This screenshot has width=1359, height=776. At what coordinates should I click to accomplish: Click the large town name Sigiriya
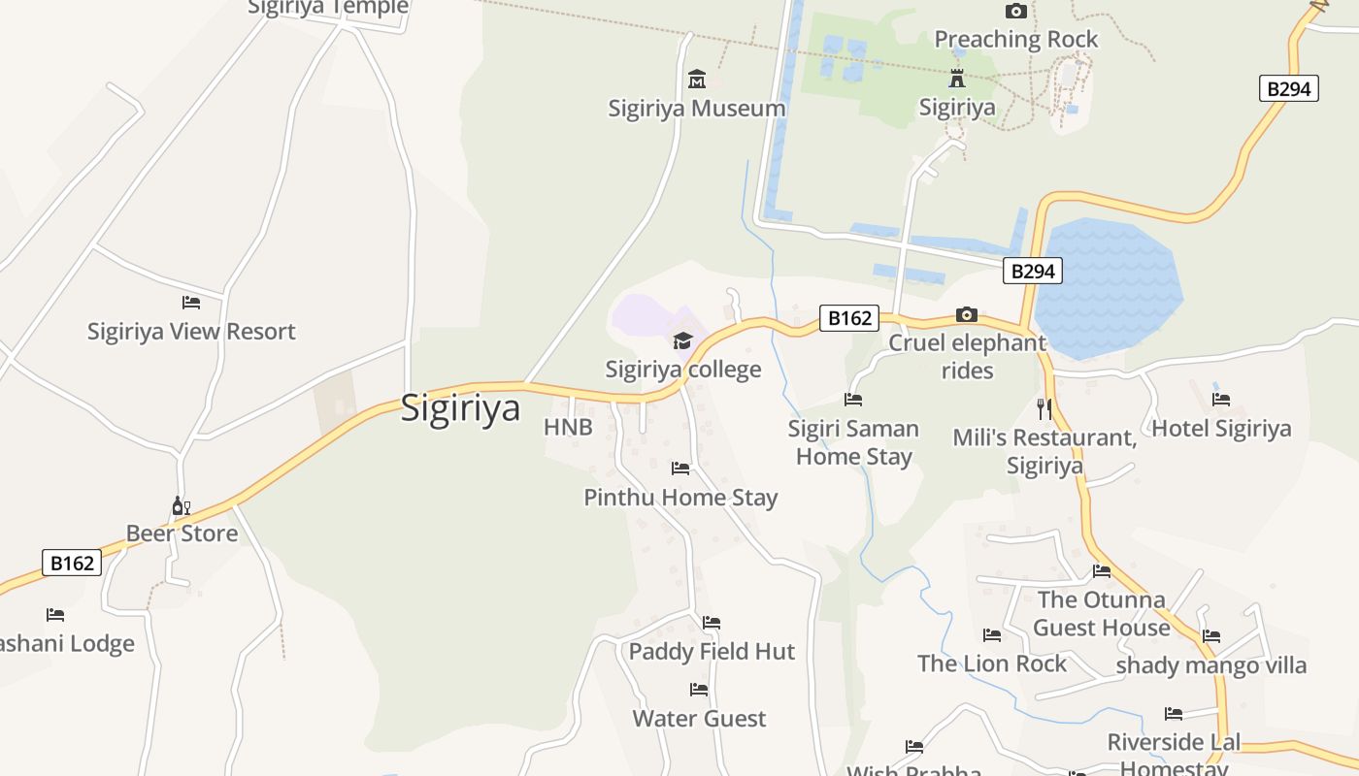point(460,407)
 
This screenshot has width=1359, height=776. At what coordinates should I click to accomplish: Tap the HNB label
point(568,427)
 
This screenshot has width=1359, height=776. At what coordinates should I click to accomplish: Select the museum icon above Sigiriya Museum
point(697,79)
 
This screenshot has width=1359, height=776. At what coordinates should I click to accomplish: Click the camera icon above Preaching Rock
point(1016,12)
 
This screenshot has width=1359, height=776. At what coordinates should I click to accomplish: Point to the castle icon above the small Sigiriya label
point(957,79)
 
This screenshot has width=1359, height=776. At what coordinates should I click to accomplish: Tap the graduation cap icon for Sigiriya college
point(683,340)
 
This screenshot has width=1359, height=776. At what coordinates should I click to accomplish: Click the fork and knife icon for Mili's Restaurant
point(1044,408)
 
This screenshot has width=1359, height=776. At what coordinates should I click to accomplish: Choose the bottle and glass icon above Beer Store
point(182,505)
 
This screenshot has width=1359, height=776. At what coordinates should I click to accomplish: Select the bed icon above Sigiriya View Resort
point(191,303)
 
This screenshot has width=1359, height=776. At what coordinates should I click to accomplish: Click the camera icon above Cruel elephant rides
point(967,314)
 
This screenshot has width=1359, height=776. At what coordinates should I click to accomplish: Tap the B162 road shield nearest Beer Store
point(72,563)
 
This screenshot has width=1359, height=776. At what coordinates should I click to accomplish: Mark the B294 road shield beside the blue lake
point(1032,271)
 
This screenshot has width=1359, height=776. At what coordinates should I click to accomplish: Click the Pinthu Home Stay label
point(680,498)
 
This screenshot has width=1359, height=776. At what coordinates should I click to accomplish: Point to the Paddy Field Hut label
point(712,651)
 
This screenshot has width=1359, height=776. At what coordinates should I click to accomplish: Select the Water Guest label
point(699,719)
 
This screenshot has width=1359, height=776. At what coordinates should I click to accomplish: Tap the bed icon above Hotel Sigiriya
point(1221,400)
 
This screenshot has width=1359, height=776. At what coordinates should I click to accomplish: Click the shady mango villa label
point(1210,665)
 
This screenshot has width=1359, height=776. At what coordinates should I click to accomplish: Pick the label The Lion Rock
point(991,663)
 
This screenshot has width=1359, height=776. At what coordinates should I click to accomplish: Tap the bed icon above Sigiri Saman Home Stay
point(853,400)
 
